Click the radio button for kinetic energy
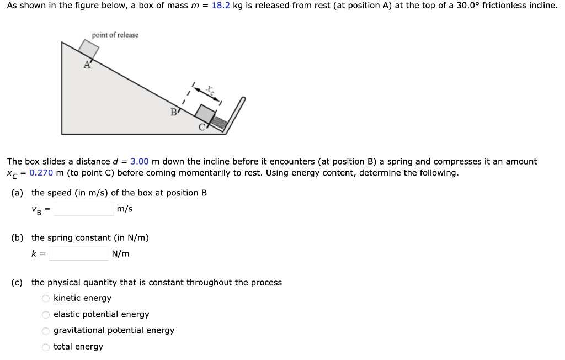pyautogui.click(x=46, y=298)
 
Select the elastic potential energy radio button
pyautogui.click(x=46, y=315)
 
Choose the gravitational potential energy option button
pyautogui.click(x=46, y=331)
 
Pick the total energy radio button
pyautogui.click(x=46, y=347)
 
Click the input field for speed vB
pyautogui.click(x=84, y=209)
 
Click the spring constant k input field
pyautogui.click(x=78, y=253)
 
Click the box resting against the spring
pyautogui.click(x=205, y=114)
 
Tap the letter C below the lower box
pyautogui.click(x=201, y=128)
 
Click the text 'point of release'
pyautogui.click(x=115, y=35)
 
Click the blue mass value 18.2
pyautogui.click(x=221, y=6)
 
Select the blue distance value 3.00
pyautogui.click(x=140, y=161)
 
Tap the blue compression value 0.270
pyautogui.click(x=41, y=173)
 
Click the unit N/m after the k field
pyautogui.click(x=120, y=254)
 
